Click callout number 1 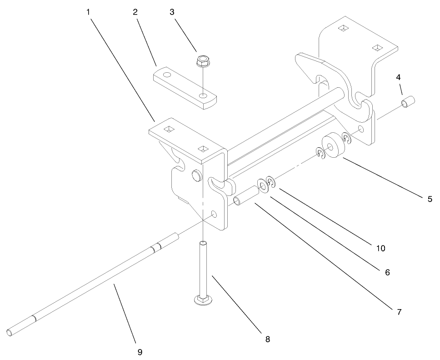point(88,12)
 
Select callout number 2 point(135,12)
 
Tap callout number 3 point(172,12)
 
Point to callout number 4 point(398,77)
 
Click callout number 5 point(430,199)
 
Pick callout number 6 point(387,272)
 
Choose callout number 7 point(399,312)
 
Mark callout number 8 point(268,339)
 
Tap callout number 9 point(140,352)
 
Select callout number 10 point(380,248)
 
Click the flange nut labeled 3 point(200,60)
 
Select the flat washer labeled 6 point(262,185)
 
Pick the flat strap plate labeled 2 point(184,88)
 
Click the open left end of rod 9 point(10,333)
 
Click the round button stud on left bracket point(197,176)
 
